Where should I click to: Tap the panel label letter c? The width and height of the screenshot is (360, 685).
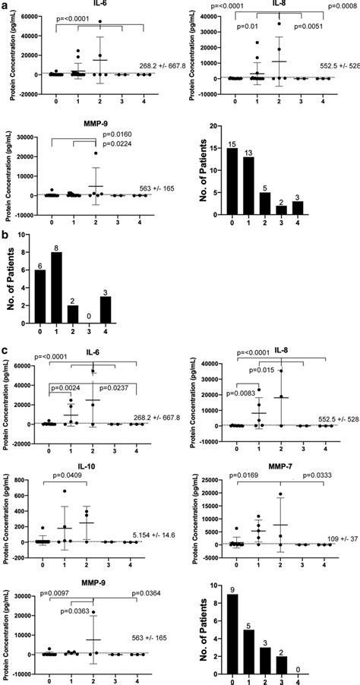5,350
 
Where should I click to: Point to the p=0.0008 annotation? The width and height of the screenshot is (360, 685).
343,6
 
